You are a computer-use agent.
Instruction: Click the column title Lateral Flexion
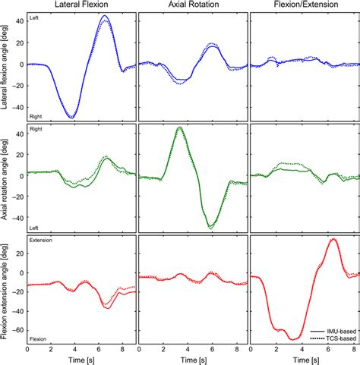click(81, 6)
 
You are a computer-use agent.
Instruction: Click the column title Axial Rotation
click(191, 6)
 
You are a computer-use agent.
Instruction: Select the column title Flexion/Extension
click(304, 6)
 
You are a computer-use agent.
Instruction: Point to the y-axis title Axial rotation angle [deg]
click(6, 178)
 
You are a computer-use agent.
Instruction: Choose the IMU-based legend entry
click(336, 332)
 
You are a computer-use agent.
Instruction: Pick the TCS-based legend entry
click(336, 339)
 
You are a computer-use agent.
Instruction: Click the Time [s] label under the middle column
click(192, 359)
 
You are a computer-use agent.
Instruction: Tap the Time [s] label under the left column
click(81, 359)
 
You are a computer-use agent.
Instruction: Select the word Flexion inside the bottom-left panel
click(39, 339)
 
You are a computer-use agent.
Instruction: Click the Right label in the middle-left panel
click(36, 129)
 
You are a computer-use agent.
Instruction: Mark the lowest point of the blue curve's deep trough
click(71, 117)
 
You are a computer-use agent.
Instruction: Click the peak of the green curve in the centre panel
click(179, 127)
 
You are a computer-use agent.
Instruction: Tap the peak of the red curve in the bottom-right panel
click(333, 239)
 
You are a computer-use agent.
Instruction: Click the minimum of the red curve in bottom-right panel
click(292, 339)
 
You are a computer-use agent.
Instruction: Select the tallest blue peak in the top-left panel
click(105, 16)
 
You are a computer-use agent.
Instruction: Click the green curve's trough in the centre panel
click(210, 226)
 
